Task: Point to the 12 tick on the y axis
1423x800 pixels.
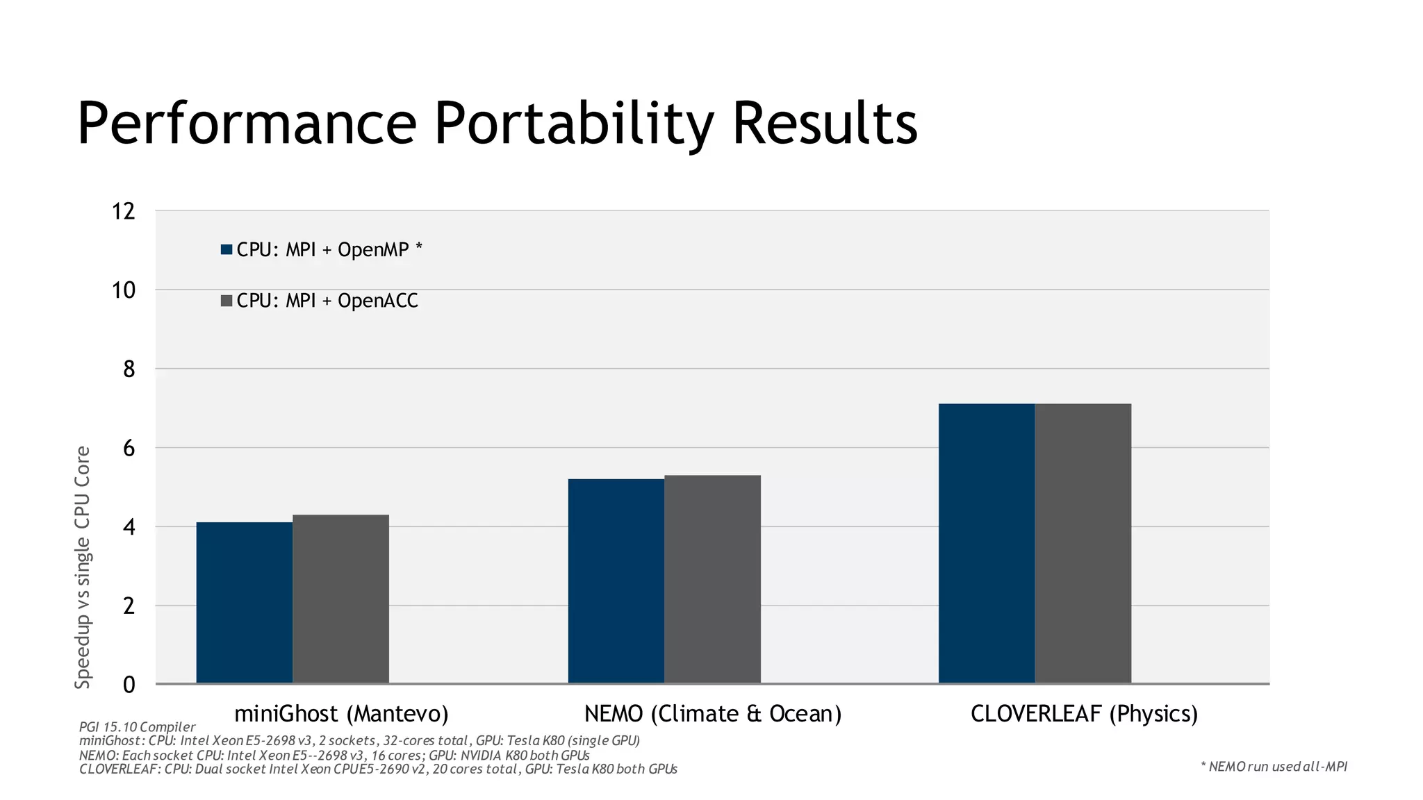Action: (124, 211)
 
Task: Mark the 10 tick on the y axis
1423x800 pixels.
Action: (124, 290)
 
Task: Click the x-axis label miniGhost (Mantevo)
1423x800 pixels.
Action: (341, 714)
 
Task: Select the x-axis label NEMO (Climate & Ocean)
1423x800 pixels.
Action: (712, 714)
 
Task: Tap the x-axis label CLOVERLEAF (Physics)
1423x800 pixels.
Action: (1084, 714)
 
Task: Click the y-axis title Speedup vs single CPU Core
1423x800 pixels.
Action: (83, 567)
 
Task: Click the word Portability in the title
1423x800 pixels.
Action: (574, 124)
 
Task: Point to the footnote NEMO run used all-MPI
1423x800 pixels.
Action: (1274, 767)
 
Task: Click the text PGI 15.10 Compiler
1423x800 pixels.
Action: (137, 727)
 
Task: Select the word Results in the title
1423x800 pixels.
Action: (825, 124)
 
